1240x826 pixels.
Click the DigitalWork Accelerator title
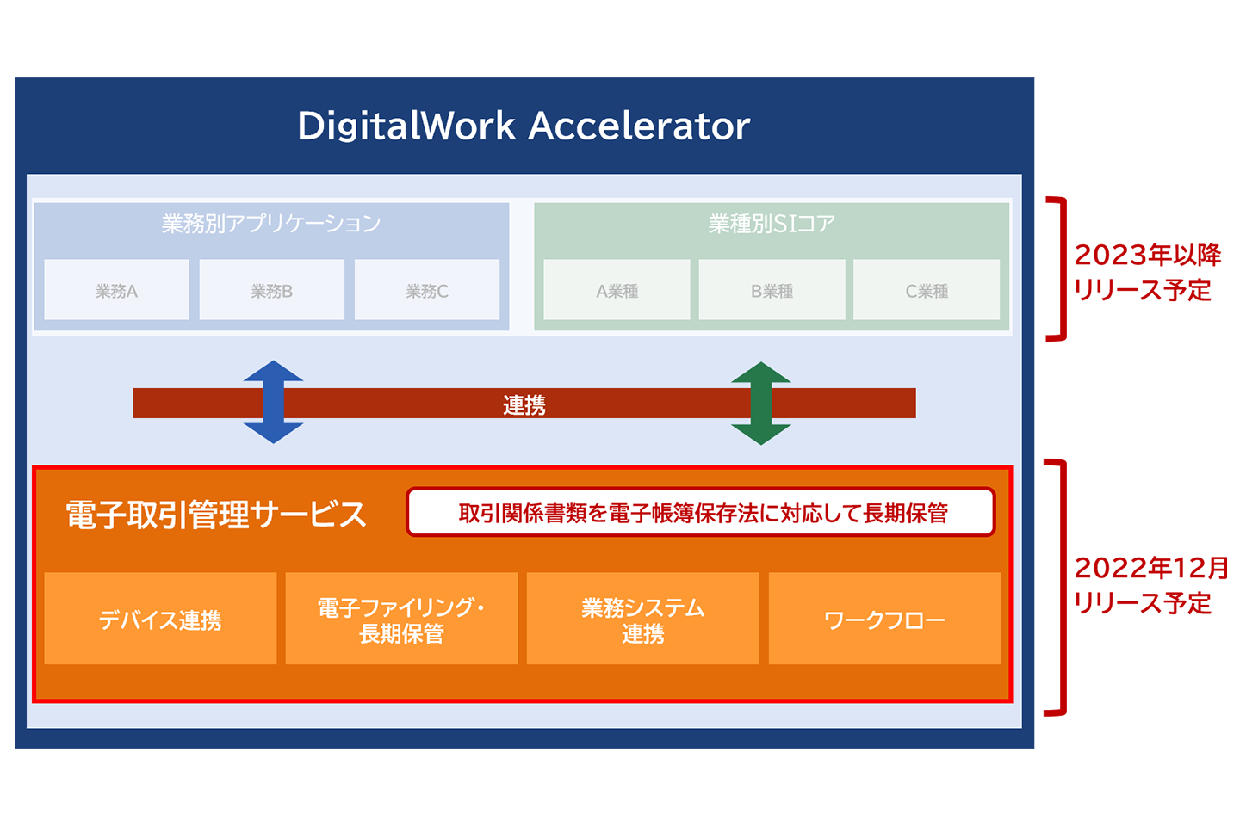click(x=524, y=126)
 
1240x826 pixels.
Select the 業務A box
click(x=116, y=291)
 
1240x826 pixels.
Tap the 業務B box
click(x=272, y=291)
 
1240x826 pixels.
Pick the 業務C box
click(x=427, y=291)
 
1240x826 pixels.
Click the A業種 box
click(x=617, y=291)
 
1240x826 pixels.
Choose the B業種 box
click(x=772, y=291)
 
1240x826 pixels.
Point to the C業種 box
click(x=927, y=291)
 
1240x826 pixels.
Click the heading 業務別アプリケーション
click(x=271, y=224)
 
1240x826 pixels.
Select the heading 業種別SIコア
click(x=772, y=224)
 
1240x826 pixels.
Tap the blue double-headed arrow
click(x=273, y=402)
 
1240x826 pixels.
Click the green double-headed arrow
click(x=761, y=403)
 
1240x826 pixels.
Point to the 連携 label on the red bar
click(x=524, y=404)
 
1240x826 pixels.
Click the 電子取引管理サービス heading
click(x=216, y=515)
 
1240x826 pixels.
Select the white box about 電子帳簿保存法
click(x=701, y=513)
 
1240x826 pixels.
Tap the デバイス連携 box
click(x=160, y=619)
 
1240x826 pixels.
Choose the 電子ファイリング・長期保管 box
click(x=401, y=619)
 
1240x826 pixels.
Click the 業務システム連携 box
click(x=643, y=619)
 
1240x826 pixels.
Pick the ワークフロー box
click(x=884, y=619)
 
